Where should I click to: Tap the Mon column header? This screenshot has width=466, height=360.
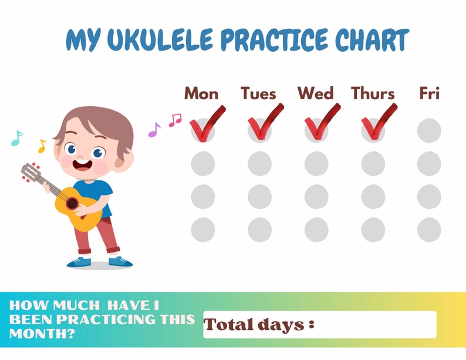pyautogui.click(x=201, y=93)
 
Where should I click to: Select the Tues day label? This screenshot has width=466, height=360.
pyautogui.click(x=258, y=93)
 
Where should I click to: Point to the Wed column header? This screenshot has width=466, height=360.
pyautogui.click(x=315, y=93)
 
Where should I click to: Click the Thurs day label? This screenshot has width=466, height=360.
pyautogui.click(x=373, y=93)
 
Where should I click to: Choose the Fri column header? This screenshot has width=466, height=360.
pyautogui.click(x=429, y=93)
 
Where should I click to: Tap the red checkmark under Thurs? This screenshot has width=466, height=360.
pyautogui.click(x=377, y=123)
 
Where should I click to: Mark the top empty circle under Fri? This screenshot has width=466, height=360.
pyautogui.click(x=429, y=130)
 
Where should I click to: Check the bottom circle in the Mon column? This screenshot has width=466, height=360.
pyautogui.click(x=203, y=229)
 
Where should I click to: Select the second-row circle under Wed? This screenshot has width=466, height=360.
pyautogui.click(x=316, y=163)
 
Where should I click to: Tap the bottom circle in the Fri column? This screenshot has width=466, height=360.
pyautogui.click(x=429, y=229)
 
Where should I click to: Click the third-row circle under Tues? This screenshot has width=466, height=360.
pyautogui.click(x=259, y=196)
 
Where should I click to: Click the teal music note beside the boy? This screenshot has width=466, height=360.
pyautogui.click(x=16, y=138)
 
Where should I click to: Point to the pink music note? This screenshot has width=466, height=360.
pyautogui.click(x=175, y=120)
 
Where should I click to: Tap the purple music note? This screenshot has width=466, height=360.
pyautogui.click(x=154, y=129)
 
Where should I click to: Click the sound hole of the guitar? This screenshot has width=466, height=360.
pyautogui.click(x=72, y=203)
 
